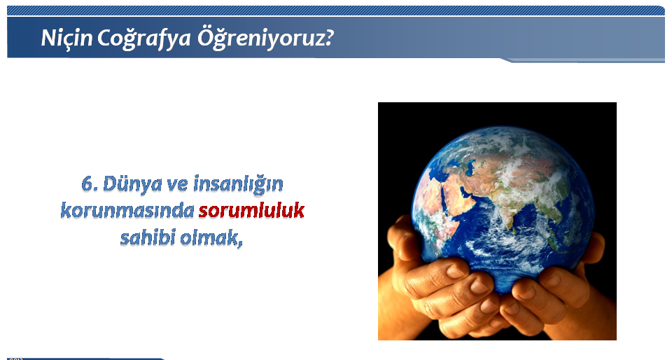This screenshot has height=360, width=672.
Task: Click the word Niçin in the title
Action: point(66,38)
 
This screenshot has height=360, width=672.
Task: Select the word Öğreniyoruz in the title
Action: point(259,38)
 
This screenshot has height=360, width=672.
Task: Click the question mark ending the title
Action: point(327,38)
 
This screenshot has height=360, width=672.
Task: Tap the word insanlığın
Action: point(238,184)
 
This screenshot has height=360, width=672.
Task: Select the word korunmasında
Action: point(127,210)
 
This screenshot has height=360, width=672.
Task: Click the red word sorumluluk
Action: point(251,210)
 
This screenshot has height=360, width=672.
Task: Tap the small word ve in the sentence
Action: point(177,185)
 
